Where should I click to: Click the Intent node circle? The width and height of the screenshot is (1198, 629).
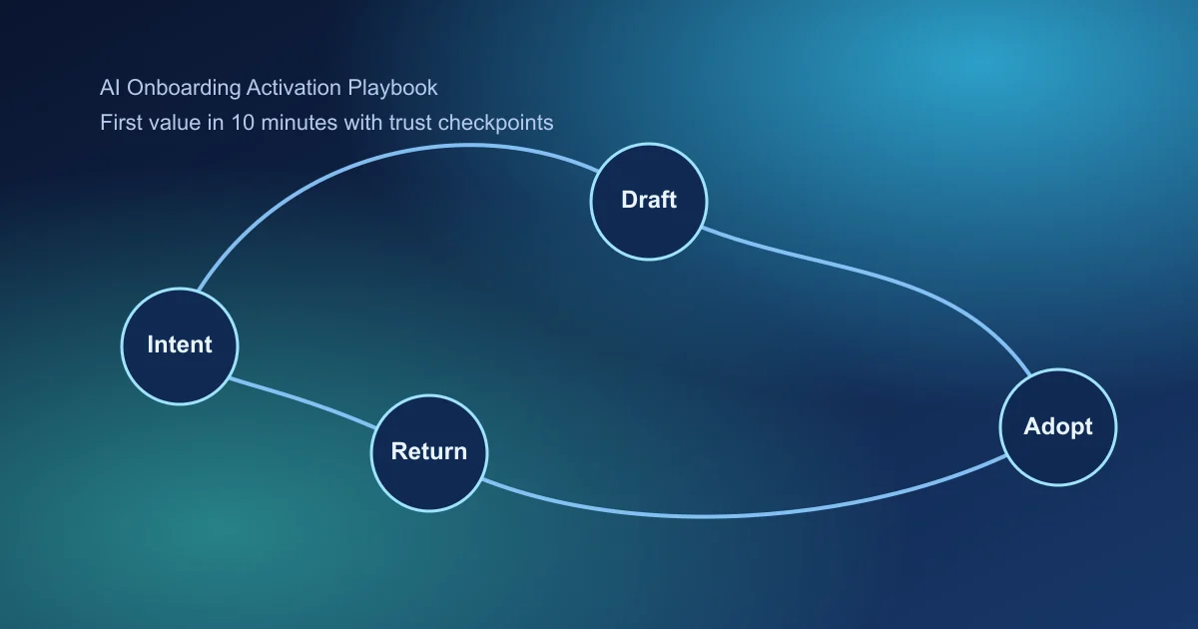180,344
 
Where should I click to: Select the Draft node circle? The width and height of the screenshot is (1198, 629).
649,200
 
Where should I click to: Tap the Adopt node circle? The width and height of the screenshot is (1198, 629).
1058,427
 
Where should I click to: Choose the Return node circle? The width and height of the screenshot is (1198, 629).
429,451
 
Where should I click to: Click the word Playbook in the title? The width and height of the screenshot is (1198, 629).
392,88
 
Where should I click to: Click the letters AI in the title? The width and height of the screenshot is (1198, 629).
109,88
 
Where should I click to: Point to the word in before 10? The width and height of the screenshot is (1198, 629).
212,123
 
